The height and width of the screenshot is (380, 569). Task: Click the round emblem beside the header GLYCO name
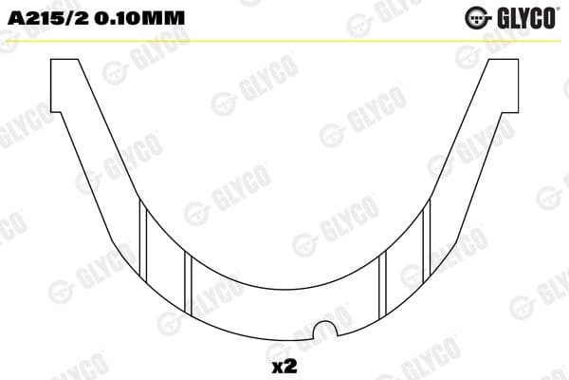[477, 16]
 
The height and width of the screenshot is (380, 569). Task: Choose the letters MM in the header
[172, 16]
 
